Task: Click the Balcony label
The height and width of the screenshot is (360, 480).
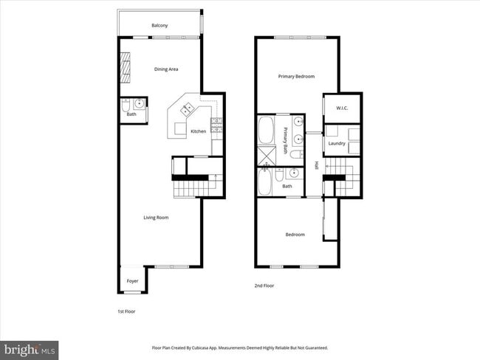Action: tap(160, 26)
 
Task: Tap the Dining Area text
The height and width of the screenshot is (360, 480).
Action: tap(166, 69)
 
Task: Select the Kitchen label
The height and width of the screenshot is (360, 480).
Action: tap(199, 131)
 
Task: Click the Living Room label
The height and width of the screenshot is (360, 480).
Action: tap(156, 217)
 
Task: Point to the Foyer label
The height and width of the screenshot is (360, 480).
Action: tap(132, 281)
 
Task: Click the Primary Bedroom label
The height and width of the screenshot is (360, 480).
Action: tap(296, 76)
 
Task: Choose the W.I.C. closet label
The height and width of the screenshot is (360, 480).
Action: tap(342, 108)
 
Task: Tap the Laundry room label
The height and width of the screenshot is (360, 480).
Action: tap(337, 143)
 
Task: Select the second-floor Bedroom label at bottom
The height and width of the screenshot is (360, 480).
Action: tap(295, 235)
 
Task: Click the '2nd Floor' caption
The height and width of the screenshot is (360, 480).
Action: tap(264, 285)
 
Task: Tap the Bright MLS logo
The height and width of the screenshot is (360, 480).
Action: tap(30, 348)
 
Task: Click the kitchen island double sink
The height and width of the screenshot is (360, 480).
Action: tap(186, 110)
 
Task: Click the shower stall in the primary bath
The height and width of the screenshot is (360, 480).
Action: tap(265, 155)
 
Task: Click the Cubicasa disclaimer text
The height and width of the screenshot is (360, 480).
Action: tap(240, 347)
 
